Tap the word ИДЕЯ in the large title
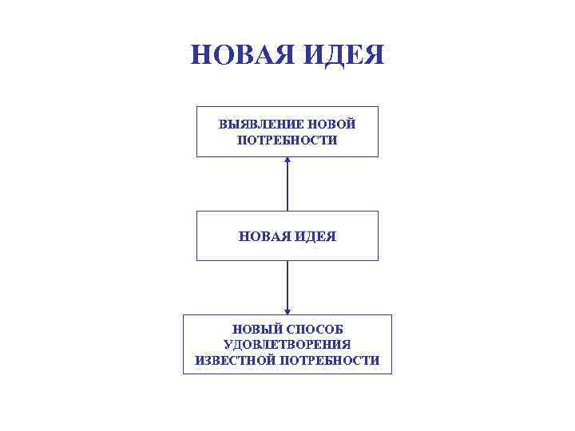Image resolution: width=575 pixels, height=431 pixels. pos(346,55)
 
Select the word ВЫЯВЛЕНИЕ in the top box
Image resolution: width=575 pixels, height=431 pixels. pos(255,125)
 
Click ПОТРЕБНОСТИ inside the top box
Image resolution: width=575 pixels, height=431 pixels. pos(287,140)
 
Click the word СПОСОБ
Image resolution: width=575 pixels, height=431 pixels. pos(319,329)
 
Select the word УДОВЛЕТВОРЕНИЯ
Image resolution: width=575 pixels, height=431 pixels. pos(287,344)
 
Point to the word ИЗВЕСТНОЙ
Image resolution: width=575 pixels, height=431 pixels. pos(234,360)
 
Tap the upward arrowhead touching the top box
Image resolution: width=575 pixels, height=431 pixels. pos(287,160)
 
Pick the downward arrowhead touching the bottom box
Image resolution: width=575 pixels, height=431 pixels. pos(287,310)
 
